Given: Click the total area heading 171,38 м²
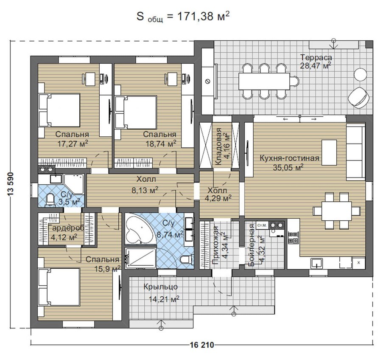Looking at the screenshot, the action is pos(183,17).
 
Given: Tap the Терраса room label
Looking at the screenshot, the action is pos(316,57).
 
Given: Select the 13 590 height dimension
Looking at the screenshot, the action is pos(11,184).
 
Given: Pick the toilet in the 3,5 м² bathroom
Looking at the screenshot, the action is pos(50,200).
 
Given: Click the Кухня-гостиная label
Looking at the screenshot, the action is pos(289,158).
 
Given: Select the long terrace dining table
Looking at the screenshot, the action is pos(264,82).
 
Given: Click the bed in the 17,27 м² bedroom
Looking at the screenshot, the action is pos(59,110).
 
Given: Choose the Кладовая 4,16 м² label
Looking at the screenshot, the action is pos(222,146).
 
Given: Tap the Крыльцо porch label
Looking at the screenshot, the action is pos(160,287).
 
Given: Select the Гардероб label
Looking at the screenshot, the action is pos(67,228).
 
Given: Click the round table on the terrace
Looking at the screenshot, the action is pos(361,74).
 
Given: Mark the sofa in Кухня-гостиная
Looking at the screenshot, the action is pos(356,152).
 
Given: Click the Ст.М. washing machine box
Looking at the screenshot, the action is pos(262,225).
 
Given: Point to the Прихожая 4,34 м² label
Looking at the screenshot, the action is pos(220,245).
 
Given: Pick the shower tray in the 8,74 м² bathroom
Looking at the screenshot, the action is pos(140,258).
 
